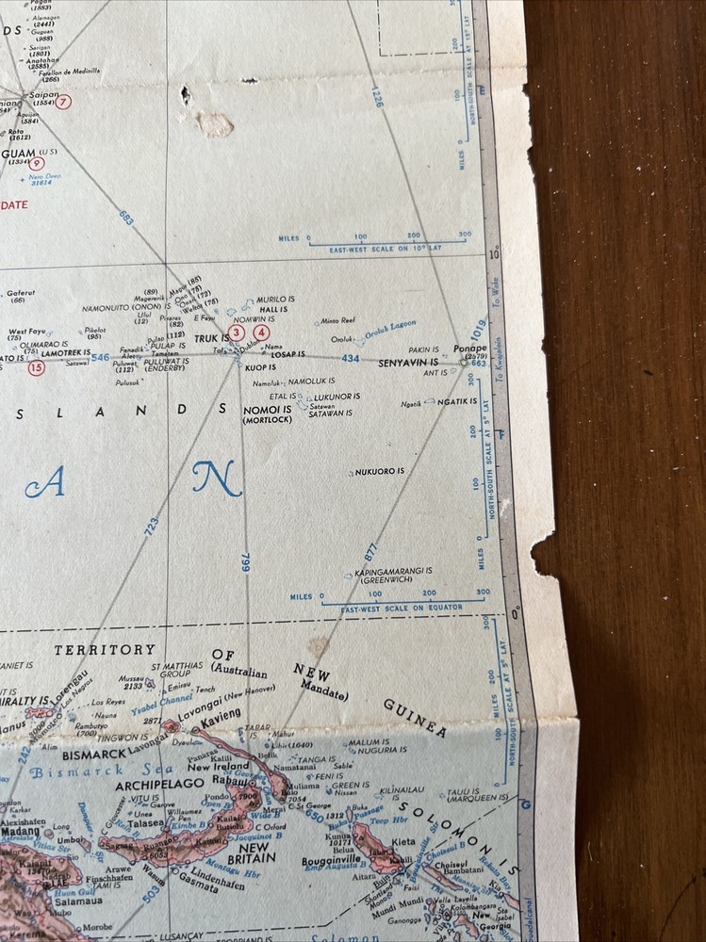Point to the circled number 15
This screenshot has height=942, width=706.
[x=37, y=368]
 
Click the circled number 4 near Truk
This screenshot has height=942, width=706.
[x=261, y=332]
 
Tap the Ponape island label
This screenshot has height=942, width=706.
[x=469, y=348]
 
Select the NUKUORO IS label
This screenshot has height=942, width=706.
[x=379, y=471]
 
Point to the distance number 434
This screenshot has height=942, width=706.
[x=351, y=359]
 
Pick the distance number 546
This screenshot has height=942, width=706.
[x=100, y=358]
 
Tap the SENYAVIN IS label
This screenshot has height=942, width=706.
[x=408, y=363]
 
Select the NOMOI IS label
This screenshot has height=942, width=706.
[x=268, y=410]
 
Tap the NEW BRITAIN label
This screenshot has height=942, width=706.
[x=251, y=852]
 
